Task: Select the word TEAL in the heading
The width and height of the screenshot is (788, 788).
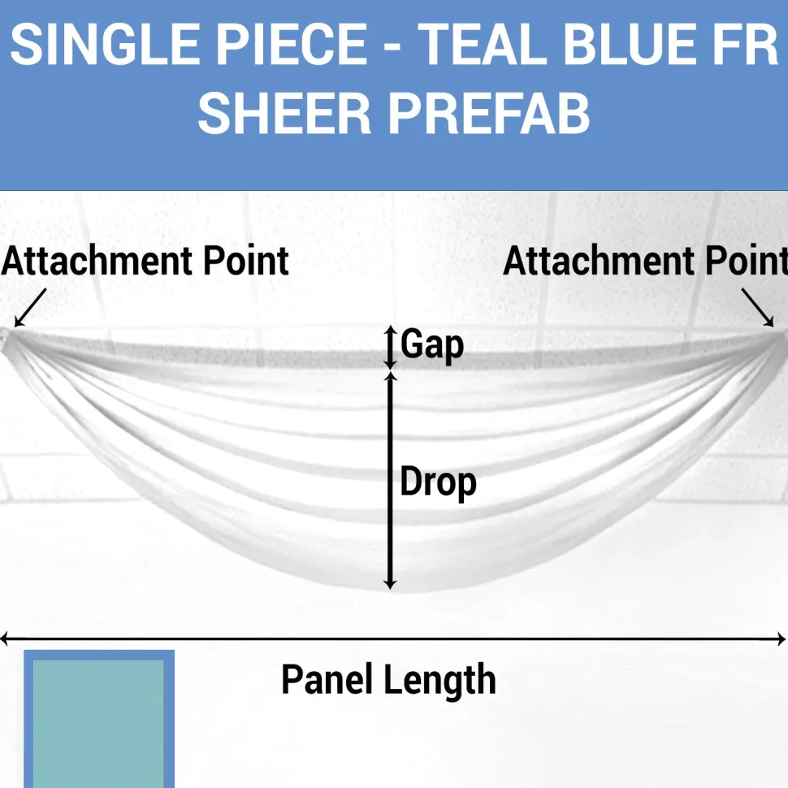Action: coord(483,44)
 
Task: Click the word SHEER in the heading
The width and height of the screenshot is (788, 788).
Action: coord(284,114)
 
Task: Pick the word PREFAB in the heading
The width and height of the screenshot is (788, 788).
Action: coord(489,114)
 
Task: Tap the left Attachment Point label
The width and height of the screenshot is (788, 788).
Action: coord(145,261)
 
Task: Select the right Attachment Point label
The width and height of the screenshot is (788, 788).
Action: coord(645,261)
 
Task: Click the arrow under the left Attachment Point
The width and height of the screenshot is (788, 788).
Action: coord(30,308)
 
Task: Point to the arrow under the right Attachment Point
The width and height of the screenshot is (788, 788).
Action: coord(758,308)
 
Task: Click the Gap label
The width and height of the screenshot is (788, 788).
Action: coord(431,345)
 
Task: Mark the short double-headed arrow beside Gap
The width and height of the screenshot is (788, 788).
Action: coord(391,347)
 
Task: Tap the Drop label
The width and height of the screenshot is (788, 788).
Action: coord(438,483)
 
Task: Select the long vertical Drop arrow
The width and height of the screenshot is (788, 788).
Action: coord(391,480)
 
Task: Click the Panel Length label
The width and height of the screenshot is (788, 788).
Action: coord(388,679)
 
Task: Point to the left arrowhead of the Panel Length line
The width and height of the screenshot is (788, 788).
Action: coord(4,639)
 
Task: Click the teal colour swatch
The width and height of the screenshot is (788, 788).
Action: coord(99,719)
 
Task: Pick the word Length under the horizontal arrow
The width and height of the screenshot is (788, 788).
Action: coord(440,681)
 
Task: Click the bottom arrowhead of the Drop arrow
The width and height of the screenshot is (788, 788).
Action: coord(391,585)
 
